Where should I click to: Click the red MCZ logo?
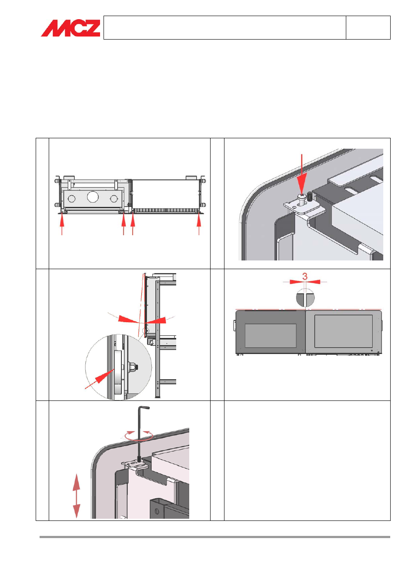coord(70,28)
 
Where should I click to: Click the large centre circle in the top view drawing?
coord(92,197)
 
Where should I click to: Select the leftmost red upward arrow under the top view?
coord(62,224)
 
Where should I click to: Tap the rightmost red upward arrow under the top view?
coord(199,224)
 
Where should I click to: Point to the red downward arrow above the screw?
coord(302,174)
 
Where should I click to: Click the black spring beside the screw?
coord(310,197)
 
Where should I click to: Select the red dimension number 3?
coord(305,276)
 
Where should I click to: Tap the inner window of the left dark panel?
coord(271,335)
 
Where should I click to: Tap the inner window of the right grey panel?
coord(343,331)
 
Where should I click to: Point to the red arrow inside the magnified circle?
coord(99,379)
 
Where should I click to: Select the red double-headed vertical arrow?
coord(76,496)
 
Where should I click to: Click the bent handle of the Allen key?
coord(144,407)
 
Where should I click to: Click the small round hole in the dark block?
coord(157,511)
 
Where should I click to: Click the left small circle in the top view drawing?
coord(72,199)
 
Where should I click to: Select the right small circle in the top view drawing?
coord(114,199)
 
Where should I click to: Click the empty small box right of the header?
coord(368,28)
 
